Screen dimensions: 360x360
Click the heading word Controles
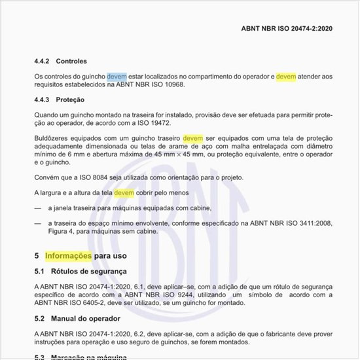(71, 61)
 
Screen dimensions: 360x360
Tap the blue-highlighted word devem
(117, 77)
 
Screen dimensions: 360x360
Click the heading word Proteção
(70, 99)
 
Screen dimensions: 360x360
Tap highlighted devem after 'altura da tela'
(124, 194)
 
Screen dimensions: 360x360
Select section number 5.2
(40, 319)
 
